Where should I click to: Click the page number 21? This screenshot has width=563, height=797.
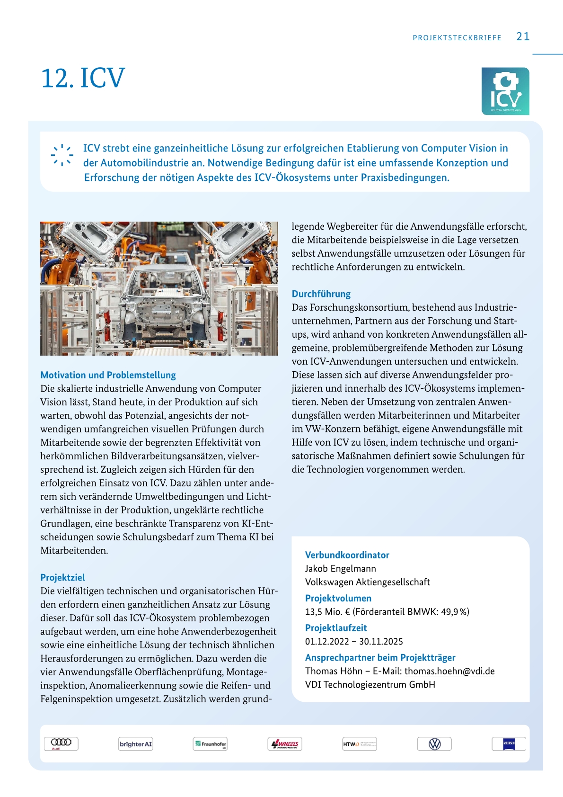[x=523, y=36]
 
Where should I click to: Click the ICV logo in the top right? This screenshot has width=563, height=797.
[x=505, y=91]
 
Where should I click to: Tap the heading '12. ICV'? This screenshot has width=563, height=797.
[x=83, y=78]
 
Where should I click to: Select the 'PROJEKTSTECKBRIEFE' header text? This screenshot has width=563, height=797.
[x=457, y=38]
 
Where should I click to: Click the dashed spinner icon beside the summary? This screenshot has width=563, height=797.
[x=62, y=155]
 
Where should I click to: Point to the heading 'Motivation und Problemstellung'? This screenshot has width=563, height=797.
[x=108, y=375]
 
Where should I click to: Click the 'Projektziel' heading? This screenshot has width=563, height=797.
[x=62, y=577]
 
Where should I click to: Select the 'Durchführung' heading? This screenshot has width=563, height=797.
[x=321, y=294]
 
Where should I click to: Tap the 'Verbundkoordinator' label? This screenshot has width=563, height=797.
[x=347, y=555]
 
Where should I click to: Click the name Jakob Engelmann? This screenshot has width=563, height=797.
[x=341, y=568]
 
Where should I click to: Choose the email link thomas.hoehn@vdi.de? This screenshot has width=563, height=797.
[x=449, y=671]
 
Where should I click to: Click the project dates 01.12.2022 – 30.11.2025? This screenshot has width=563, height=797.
[x=354, y=641]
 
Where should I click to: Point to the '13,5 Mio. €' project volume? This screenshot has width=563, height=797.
[x=327, y=611]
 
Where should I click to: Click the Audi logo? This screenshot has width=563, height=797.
[x=61, y=743]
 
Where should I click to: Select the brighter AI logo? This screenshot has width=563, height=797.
[x=136, y=744]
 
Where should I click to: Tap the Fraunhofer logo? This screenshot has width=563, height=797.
[x=211, y=744]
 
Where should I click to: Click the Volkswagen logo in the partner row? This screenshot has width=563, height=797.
[x=434, y=744]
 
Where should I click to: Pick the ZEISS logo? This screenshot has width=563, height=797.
[x=509, y=743]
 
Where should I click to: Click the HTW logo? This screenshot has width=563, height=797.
[x=360, y=744]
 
